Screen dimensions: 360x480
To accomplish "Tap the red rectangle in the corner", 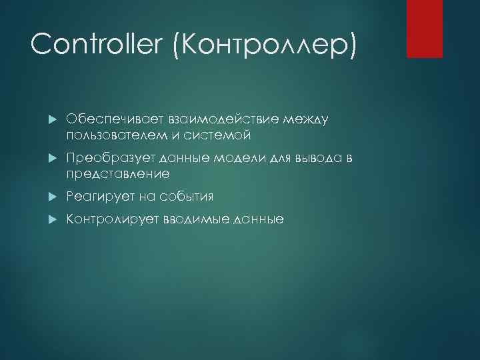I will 425,29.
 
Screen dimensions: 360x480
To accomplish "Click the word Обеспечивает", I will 108,119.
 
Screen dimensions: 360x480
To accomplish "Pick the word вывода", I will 315,157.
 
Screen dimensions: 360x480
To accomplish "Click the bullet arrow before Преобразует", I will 53,158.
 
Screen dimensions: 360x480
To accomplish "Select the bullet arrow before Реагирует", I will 53,197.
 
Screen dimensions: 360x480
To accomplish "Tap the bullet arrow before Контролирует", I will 53,219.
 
